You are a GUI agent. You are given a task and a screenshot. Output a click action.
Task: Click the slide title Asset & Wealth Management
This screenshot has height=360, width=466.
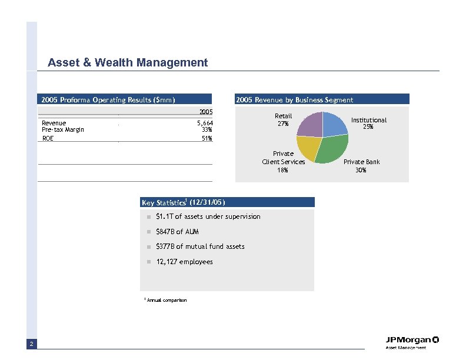128,62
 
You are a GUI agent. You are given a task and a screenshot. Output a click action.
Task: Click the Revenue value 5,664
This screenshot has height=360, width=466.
204,123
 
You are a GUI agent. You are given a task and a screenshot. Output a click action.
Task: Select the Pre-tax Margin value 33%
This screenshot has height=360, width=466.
207,129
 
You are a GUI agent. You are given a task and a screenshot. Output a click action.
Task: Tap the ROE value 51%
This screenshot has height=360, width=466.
207,139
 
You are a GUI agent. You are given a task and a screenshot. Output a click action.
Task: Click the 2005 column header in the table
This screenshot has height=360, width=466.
205,111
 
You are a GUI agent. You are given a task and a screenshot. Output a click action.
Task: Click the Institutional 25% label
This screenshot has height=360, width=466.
369,123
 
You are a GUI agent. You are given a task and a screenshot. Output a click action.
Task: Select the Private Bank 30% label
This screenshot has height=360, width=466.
361,166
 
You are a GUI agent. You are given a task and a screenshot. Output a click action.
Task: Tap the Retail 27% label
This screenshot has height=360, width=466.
283,119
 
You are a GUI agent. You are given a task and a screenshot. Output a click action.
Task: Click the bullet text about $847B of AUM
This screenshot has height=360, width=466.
177,232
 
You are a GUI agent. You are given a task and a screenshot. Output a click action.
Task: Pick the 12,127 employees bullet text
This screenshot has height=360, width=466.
184,262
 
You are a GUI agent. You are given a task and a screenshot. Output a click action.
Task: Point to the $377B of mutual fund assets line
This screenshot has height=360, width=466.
200,246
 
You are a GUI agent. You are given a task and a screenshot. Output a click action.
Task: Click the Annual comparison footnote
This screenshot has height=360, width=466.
166,301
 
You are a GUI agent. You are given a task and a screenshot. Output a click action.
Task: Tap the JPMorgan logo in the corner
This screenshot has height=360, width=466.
412,342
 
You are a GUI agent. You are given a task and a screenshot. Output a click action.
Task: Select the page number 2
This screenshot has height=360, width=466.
31,344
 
